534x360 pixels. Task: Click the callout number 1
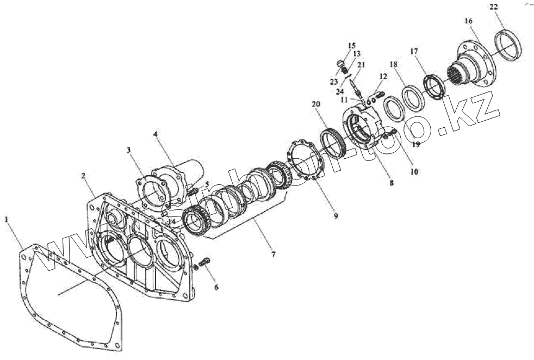point(7,219)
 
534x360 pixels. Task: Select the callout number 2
point(83,176)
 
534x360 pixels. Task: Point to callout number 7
point(273,254)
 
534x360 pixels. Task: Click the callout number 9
point(336,215)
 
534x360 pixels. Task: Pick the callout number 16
point(468,21)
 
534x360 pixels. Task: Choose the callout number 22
point(493,7)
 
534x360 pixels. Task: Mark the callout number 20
point(316,104)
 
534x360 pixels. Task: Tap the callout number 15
point(351,45)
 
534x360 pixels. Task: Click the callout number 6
point(216,287)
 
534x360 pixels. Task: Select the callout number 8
point(392,183)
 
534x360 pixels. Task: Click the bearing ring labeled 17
point(435,86)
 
